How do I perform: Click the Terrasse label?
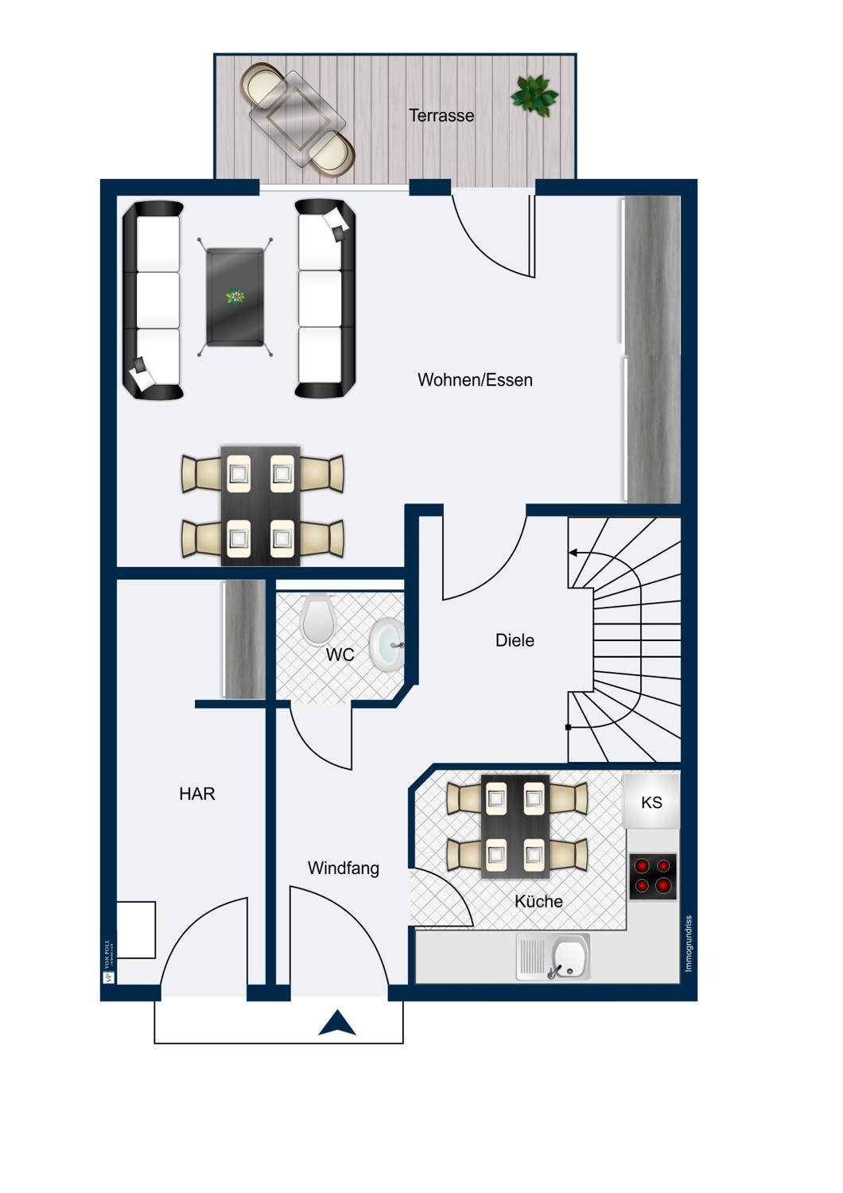[441, 115]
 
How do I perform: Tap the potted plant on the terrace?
[534, 95]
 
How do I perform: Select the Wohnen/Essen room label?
[475, 380]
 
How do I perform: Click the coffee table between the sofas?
[235, 297]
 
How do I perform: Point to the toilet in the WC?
[317, 619]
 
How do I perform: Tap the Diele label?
[515, 640]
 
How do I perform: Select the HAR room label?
[196, 794]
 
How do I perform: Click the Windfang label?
[343, 869]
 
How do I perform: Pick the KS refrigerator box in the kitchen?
[651, 802]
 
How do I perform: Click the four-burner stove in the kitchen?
[652, 876]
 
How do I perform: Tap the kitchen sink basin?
[569, 955]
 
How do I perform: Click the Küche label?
[538, 901]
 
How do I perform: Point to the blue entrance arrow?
[337, 1024]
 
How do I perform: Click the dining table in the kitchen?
[515, 826]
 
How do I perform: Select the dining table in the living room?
[260, 506]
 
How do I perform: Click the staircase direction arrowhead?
[573, 552]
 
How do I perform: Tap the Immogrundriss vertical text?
[689, 943]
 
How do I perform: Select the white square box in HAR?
[136, 930]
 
